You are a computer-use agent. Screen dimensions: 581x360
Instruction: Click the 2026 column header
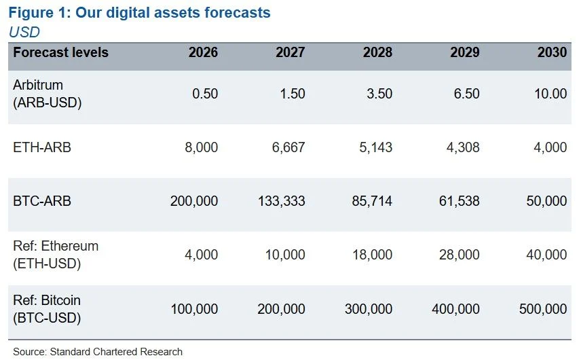coord(203,52)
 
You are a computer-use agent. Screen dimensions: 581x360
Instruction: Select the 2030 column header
coord(552,52)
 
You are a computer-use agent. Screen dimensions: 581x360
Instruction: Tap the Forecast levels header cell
coord(61,52)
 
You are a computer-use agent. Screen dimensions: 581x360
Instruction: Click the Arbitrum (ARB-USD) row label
coord(47,94)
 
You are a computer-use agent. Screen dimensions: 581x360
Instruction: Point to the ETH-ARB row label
coord(42,147)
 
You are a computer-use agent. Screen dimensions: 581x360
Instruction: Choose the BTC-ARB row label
coord(42,201)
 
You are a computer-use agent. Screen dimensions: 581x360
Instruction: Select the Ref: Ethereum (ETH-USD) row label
coord(56,255)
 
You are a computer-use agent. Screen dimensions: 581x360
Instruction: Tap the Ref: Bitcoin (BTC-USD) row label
coord(47,309)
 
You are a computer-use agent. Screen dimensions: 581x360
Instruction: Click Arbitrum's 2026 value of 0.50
coord(205,94)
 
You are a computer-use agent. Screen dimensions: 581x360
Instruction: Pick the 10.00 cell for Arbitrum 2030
coord(550,94)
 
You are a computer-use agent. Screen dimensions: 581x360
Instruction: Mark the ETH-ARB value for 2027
coord(288,147)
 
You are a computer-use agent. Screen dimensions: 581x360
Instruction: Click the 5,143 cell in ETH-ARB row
coord(376,147)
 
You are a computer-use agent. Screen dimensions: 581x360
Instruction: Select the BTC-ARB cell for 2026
coord(194,201)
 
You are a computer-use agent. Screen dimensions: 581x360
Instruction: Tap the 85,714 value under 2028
coord(372,201)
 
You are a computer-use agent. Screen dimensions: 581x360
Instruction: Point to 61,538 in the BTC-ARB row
coord(460,201)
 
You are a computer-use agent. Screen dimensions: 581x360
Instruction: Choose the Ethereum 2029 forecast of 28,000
coord(460,255)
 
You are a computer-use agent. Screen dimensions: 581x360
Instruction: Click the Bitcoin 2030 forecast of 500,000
coord(543,309)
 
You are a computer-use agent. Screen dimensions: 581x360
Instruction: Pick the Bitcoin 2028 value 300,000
coord(369,309)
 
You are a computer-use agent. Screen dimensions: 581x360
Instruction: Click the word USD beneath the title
coord(24,32)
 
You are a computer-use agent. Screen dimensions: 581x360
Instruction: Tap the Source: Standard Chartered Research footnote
coord(98,351)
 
